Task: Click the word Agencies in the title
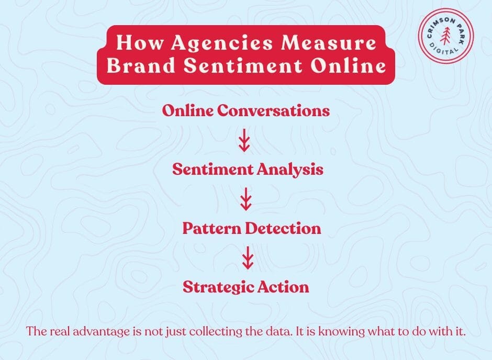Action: (x=221, y=43)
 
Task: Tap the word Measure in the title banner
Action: (x=329, y=42)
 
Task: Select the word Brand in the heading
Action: (x=141, y=65)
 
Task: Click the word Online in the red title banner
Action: (x=348, y=65)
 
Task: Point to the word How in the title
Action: (x=139, y=42)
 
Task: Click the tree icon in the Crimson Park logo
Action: (x=445, y=35)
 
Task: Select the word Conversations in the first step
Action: (x=273, y=110)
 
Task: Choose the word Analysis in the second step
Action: (x=290, y=170)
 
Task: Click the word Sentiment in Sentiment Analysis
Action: (x=213, y=170)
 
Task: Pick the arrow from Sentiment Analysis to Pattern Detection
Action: (x=246, y=199)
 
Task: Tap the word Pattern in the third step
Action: (x=212, y=228)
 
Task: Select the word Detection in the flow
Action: (x=283, y=228)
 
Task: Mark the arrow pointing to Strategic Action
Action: (x=248, y=258)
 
